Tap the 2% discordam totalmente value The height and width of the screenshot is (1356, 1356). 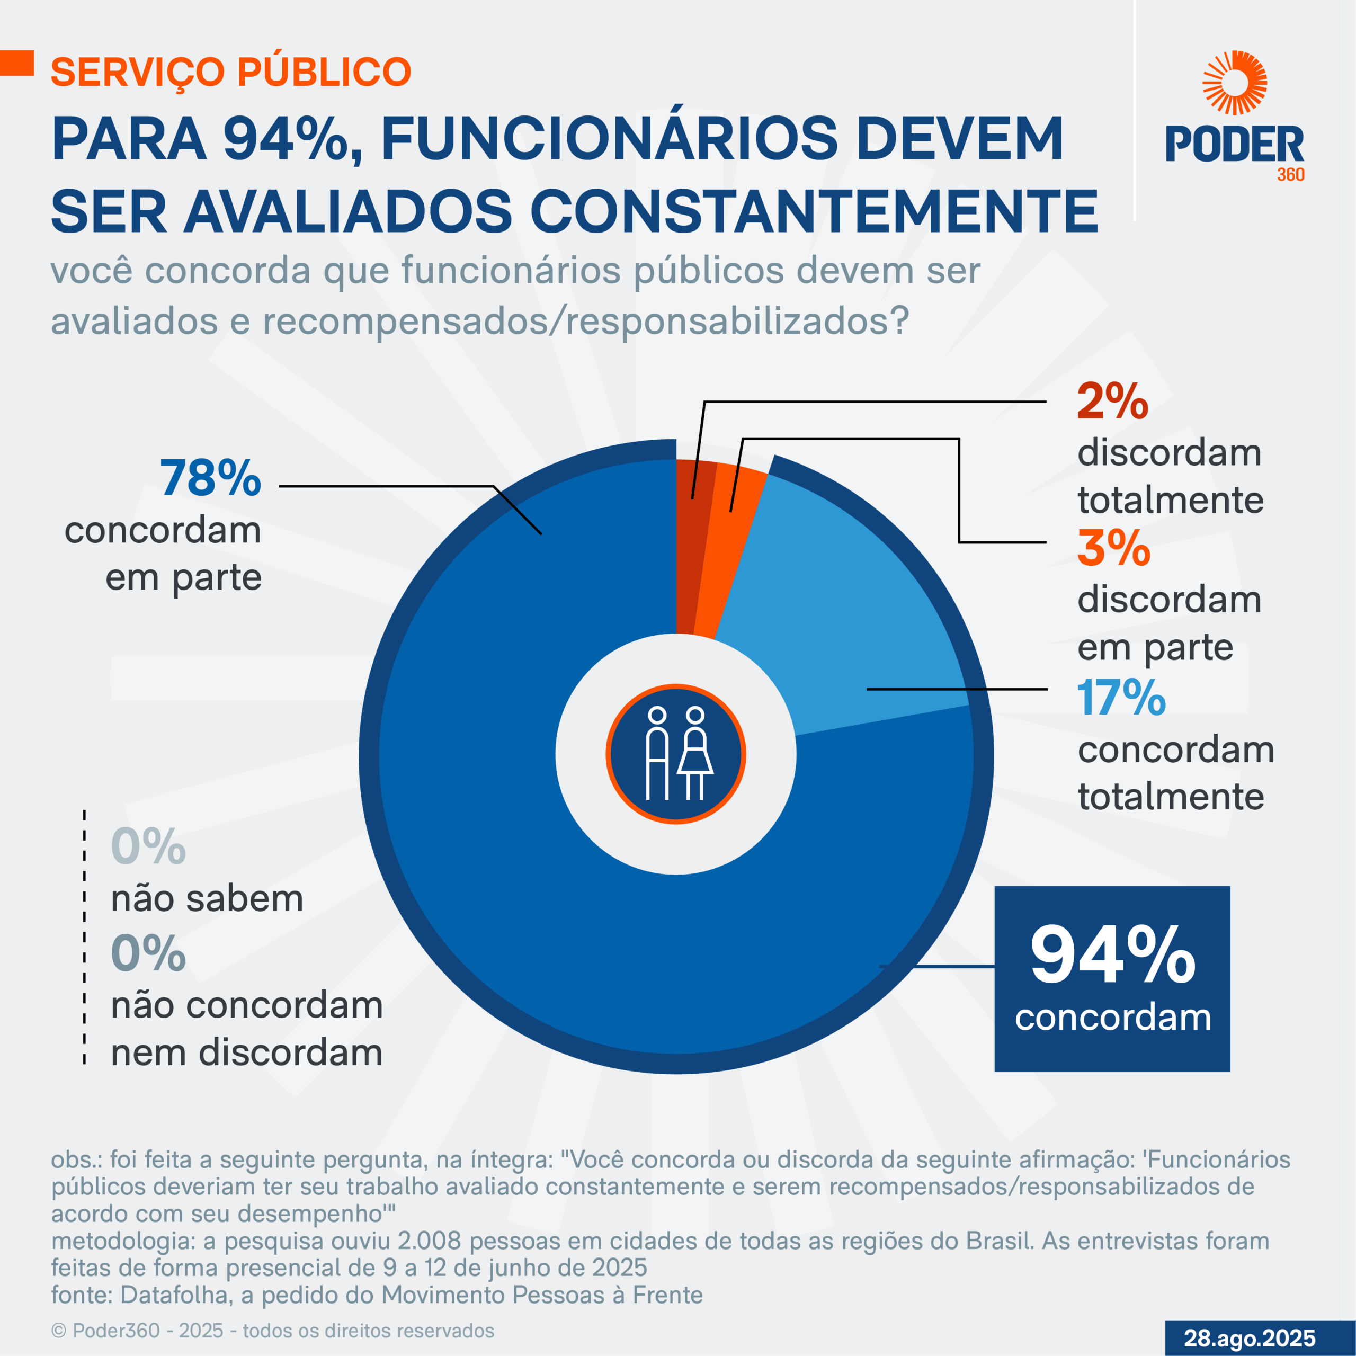1112,402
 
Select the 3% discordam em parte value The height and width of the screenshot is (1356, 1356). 1113,548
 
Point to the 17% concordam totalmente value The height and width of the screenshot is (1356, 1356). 1121,698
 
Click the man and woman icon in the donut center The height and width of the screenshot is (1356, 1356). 675,754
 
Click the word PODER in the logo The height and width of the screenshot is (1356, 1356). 1234,145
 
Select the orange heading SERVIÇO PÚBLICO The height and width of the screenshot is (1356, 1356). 231,72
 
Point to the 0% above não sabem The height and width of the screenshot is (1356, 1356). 147,847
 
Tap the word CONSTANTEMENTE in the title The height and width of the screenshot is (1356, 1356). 814,211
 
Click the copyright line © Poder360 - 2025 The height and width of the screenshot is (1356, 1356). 272,1331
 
